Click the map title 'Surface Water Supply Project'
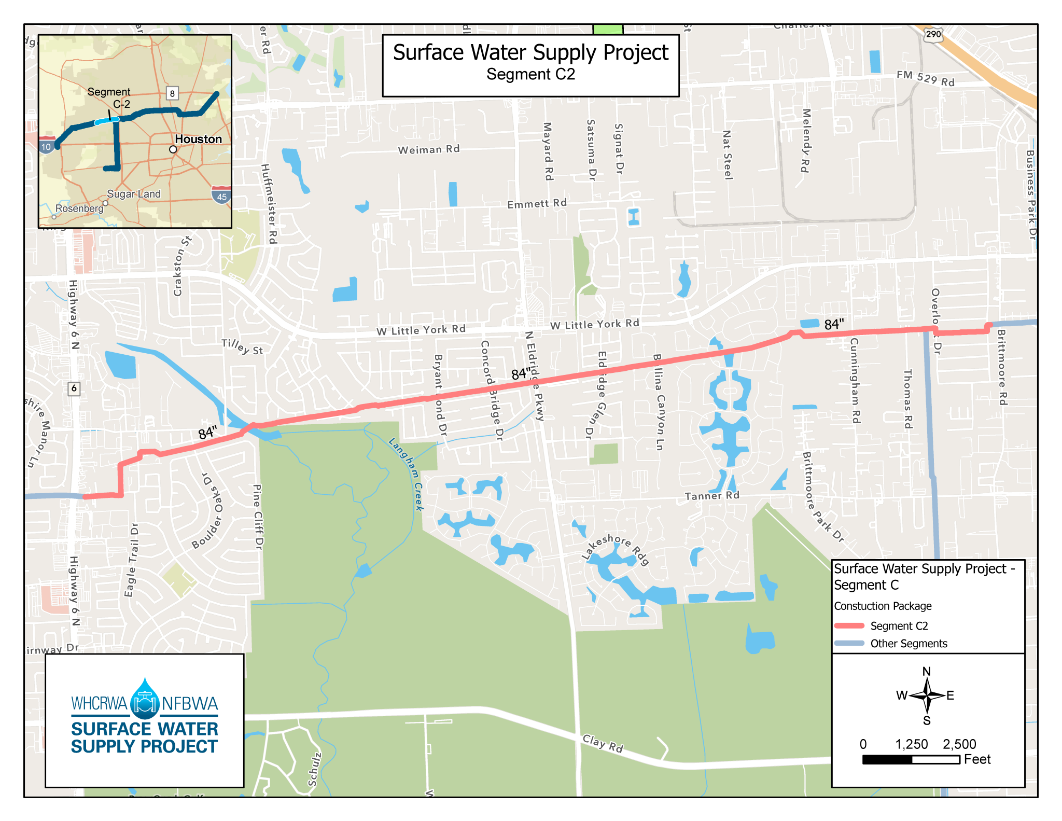pos(530,53)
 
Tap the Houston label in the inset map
pos(198,139)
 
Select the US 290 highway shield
pos(933,34)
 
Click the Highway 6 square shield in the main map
pos(74,388)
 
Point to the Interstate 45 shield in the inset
pos(221,196)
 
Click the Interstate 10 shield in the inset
pos(46,146)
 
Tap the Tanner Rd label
pos(712,496)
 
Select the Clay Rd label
pos(603,743)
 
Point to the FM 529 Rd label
pos(926,78)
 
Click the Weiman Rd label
pos(429,150)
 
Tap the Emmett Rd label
pos(537,204)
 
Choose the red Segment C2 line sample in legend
pos(849,626)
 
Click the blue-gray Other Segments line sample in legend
pos(849,644)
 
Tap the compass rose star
pos(927,695)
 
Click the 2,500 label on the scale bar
pos(959,744)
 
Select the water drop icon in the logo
pos(145,698)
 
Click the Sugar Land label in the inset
pos(134,194)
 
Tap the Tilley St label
pos(242,346)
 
